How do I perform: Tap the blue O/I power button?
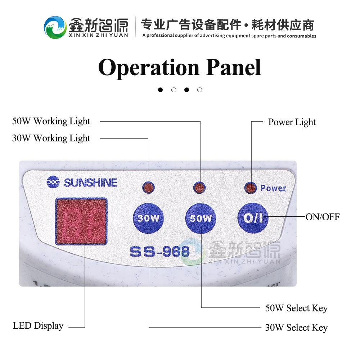pos(253,218)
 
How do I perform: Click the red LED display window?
pos(81,221)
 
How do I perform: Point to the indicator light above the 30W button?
pos(149,188)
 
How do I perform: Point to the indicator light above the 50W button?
pos(199,188)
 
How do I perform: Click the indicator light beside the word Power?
pos(251,188)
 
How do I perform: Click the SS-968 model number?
pos(160,252)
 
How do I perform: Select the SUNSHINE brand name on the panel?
pos(90,183)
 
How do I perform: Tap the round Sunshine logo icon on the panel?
pos(53,182)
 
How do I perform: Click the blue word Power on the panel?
pos(273,188)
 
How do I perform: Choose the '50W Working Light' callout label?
pos(51,121)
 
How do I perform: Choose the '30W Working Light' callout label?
pos(51,139)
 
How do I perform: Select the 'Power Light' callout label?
pos(292,122)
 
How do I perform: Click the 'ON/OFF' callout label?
pos(323,217)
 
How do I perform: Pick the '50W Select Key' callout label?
pos(296,309)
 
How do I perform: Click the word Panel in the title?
pos(234,67)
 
